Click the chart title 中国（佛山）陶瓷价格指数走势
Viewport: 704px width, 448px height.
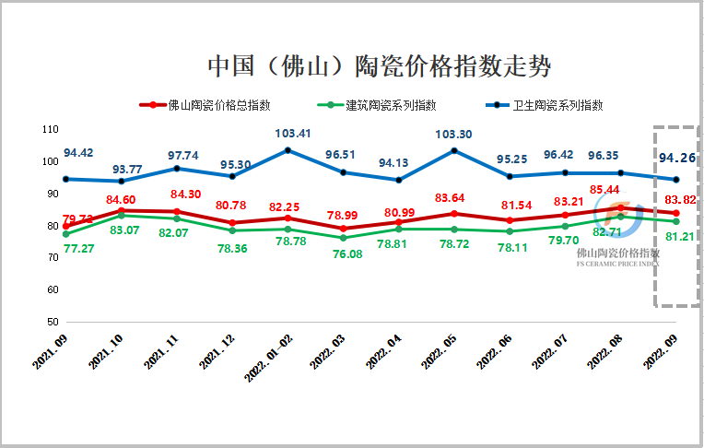pyautogui.click(x=378, y=66)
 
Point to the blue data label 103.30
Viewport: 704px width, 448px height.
pyautogui.click(x=452, y=135)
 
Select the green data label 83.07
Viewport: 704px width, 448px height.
pyautogui.click(x=126, y=229)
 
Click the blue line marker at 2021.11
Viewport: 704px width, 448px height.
pyautogui.click(x=177, y=169)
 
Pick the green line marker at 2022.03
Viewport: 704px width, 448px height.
pyautogui.click(x=344, y=238)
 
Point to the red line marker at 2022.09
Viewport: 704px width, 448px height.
pyautogui.click(x=677, y=213)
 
